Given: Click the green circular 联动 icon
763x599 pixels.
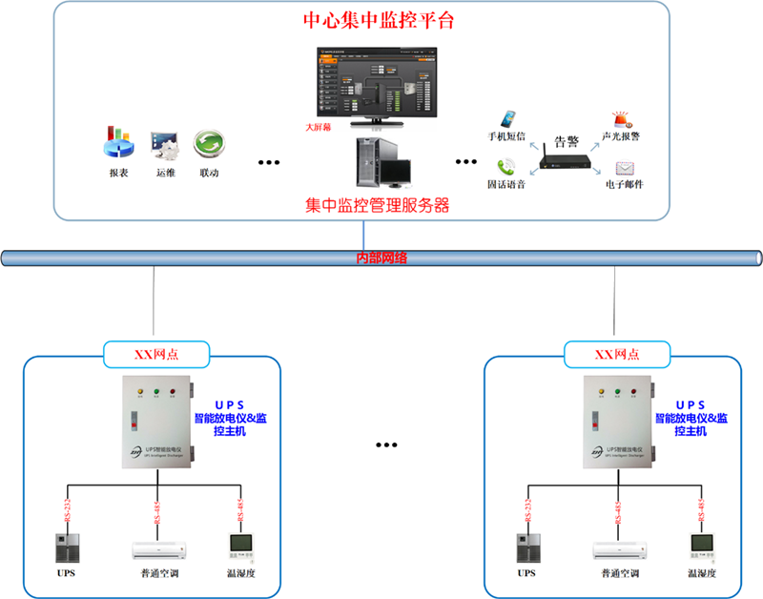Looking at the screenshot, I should click(x=209, y=144).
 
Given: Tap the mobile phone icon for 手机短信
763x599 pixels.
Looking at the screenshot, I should click(x=511, y=117).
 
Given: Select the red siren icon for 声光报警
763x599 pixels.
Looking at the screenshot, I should click(x=621, y=120).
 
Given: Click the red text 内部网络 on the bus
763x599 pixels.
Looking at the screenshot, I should click(x=381, y=258).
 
